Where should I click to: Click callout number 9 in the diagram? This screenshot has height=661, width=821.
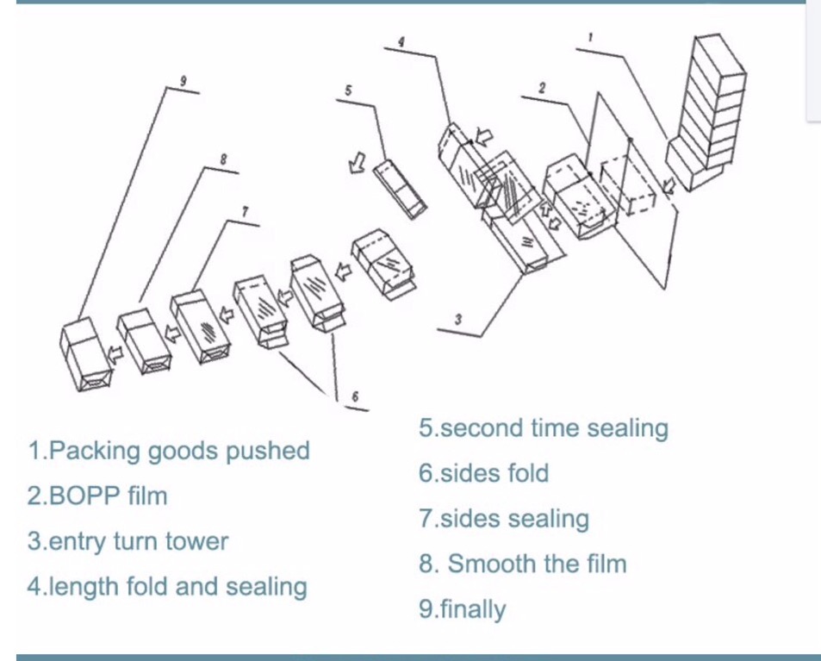[x=183, y=81]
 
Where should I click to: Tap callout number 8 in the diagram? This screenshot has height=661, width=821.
[x=223, y=159]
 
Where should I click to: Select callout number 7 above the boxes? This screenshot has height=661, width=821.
[x=246, y=212]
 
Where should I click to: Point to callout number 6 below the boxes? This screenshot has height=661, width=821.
[x=355, y=396]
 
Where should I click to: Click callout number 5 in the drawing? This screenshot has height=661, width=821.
[x=348, y=90]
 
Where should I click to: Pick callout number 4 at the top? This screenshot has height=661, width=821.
[x=401, y=42]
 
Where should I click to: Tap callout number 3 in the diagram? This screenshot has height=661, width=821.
[x=458, y=319]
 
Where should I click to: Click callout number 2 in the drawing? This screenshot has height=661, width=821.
[x=542, y=87]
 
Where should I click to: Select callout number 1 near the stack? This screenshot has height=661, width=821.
[x=591, y=37]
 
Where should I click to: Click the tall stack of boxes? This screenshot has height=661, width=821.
[x=707, y=111]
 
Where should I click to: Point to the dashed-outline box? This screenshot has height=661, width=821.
[x=628, y=186]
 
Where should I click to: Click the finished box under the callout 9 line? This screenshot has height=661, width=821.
[x=85, y=353]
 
